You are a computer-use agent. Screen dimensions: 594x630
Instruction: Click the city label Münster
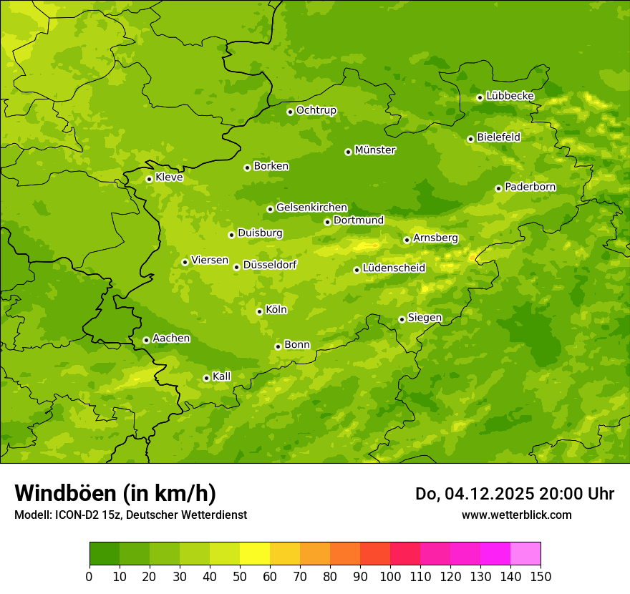coord(374,150)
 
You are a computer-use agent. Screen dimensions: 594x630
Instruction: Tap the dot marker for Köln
coord(259,311)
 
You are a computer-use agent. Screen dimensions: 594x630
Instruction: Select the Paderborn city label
coord(530,187)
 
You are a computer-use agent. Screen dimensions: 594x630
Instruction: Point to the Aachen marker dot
coord(146,340)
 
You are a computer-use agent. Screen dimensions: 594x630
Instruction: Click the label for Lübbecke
coord(510,96)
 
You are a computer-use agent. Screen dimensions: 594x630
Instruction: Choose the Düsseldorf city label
coord(269,265)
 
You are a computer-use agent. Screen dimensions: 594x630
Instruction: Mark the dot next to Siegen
coord(402,319)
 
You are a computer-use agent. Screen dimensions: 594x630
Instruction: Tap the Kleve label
coord(169,177)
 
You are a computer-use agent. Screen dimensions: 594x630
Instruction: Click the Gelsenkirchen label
coord(311,208)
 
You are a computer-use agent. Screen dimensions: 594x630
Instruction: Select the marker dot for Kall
coord(206,378)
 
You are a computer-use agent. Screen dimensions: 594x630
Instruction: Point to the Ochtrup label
coord(316,110)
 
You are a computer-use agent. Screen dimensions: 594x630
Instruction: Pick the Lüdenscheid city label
coord(394,268)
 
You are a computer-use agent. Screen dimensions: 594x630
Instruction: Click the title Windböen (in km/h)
coord(115,493)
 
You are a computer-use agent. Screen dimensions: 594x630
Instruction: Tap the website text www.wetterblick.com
coord(516,515)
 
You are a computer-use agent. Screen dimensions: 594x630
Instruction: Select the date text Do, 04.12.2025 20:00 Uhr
coord(515,494)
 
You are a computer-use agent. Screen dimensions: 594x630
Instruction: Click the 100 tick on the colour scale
coord(390,577)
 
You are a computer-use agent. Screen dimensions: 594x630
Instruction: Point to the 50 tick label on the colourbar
coord(240,577)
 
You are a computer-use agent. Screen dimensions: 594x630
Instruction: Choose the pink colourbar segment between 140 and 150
coord(525,554)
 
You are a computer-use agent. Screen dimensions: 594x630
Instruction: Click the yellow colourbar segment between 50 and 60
coord(255,554)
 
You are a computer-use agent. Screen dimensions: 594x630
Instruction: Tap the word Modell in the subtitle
coord(31,515)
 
